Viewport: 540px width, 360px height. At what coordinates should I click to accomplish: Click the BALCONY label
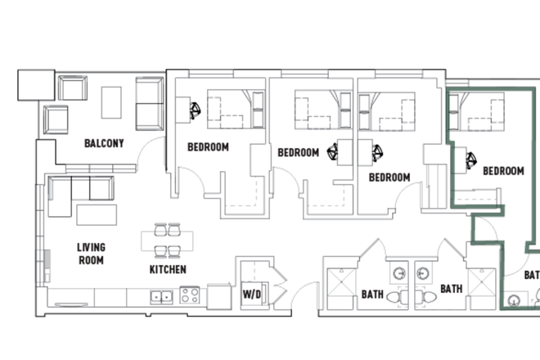104,143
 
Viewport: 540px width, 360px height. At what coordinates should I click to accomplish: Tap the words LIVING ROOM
91,254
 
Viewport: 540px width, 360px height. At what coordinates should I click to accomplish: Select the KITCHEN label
168,269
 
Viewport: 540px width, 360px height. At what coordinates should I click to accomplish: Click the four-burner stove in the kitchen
190,295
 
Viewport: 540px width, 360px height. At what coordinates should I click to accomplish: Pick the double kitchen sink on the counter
160,295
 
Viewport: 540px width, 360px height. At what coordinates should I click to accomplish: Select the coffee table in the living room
98,214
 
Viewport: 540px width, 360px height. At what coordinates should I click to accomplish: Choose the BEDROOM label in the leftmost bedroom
208,148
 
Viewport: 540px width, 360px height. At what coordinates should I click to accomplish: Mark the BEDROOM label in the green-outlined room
502,171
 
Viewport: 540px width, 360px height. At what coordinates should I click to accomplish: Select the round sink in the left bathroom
398,273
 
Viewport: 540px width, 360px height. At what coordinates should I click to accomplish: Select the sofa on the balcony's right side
149,104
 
